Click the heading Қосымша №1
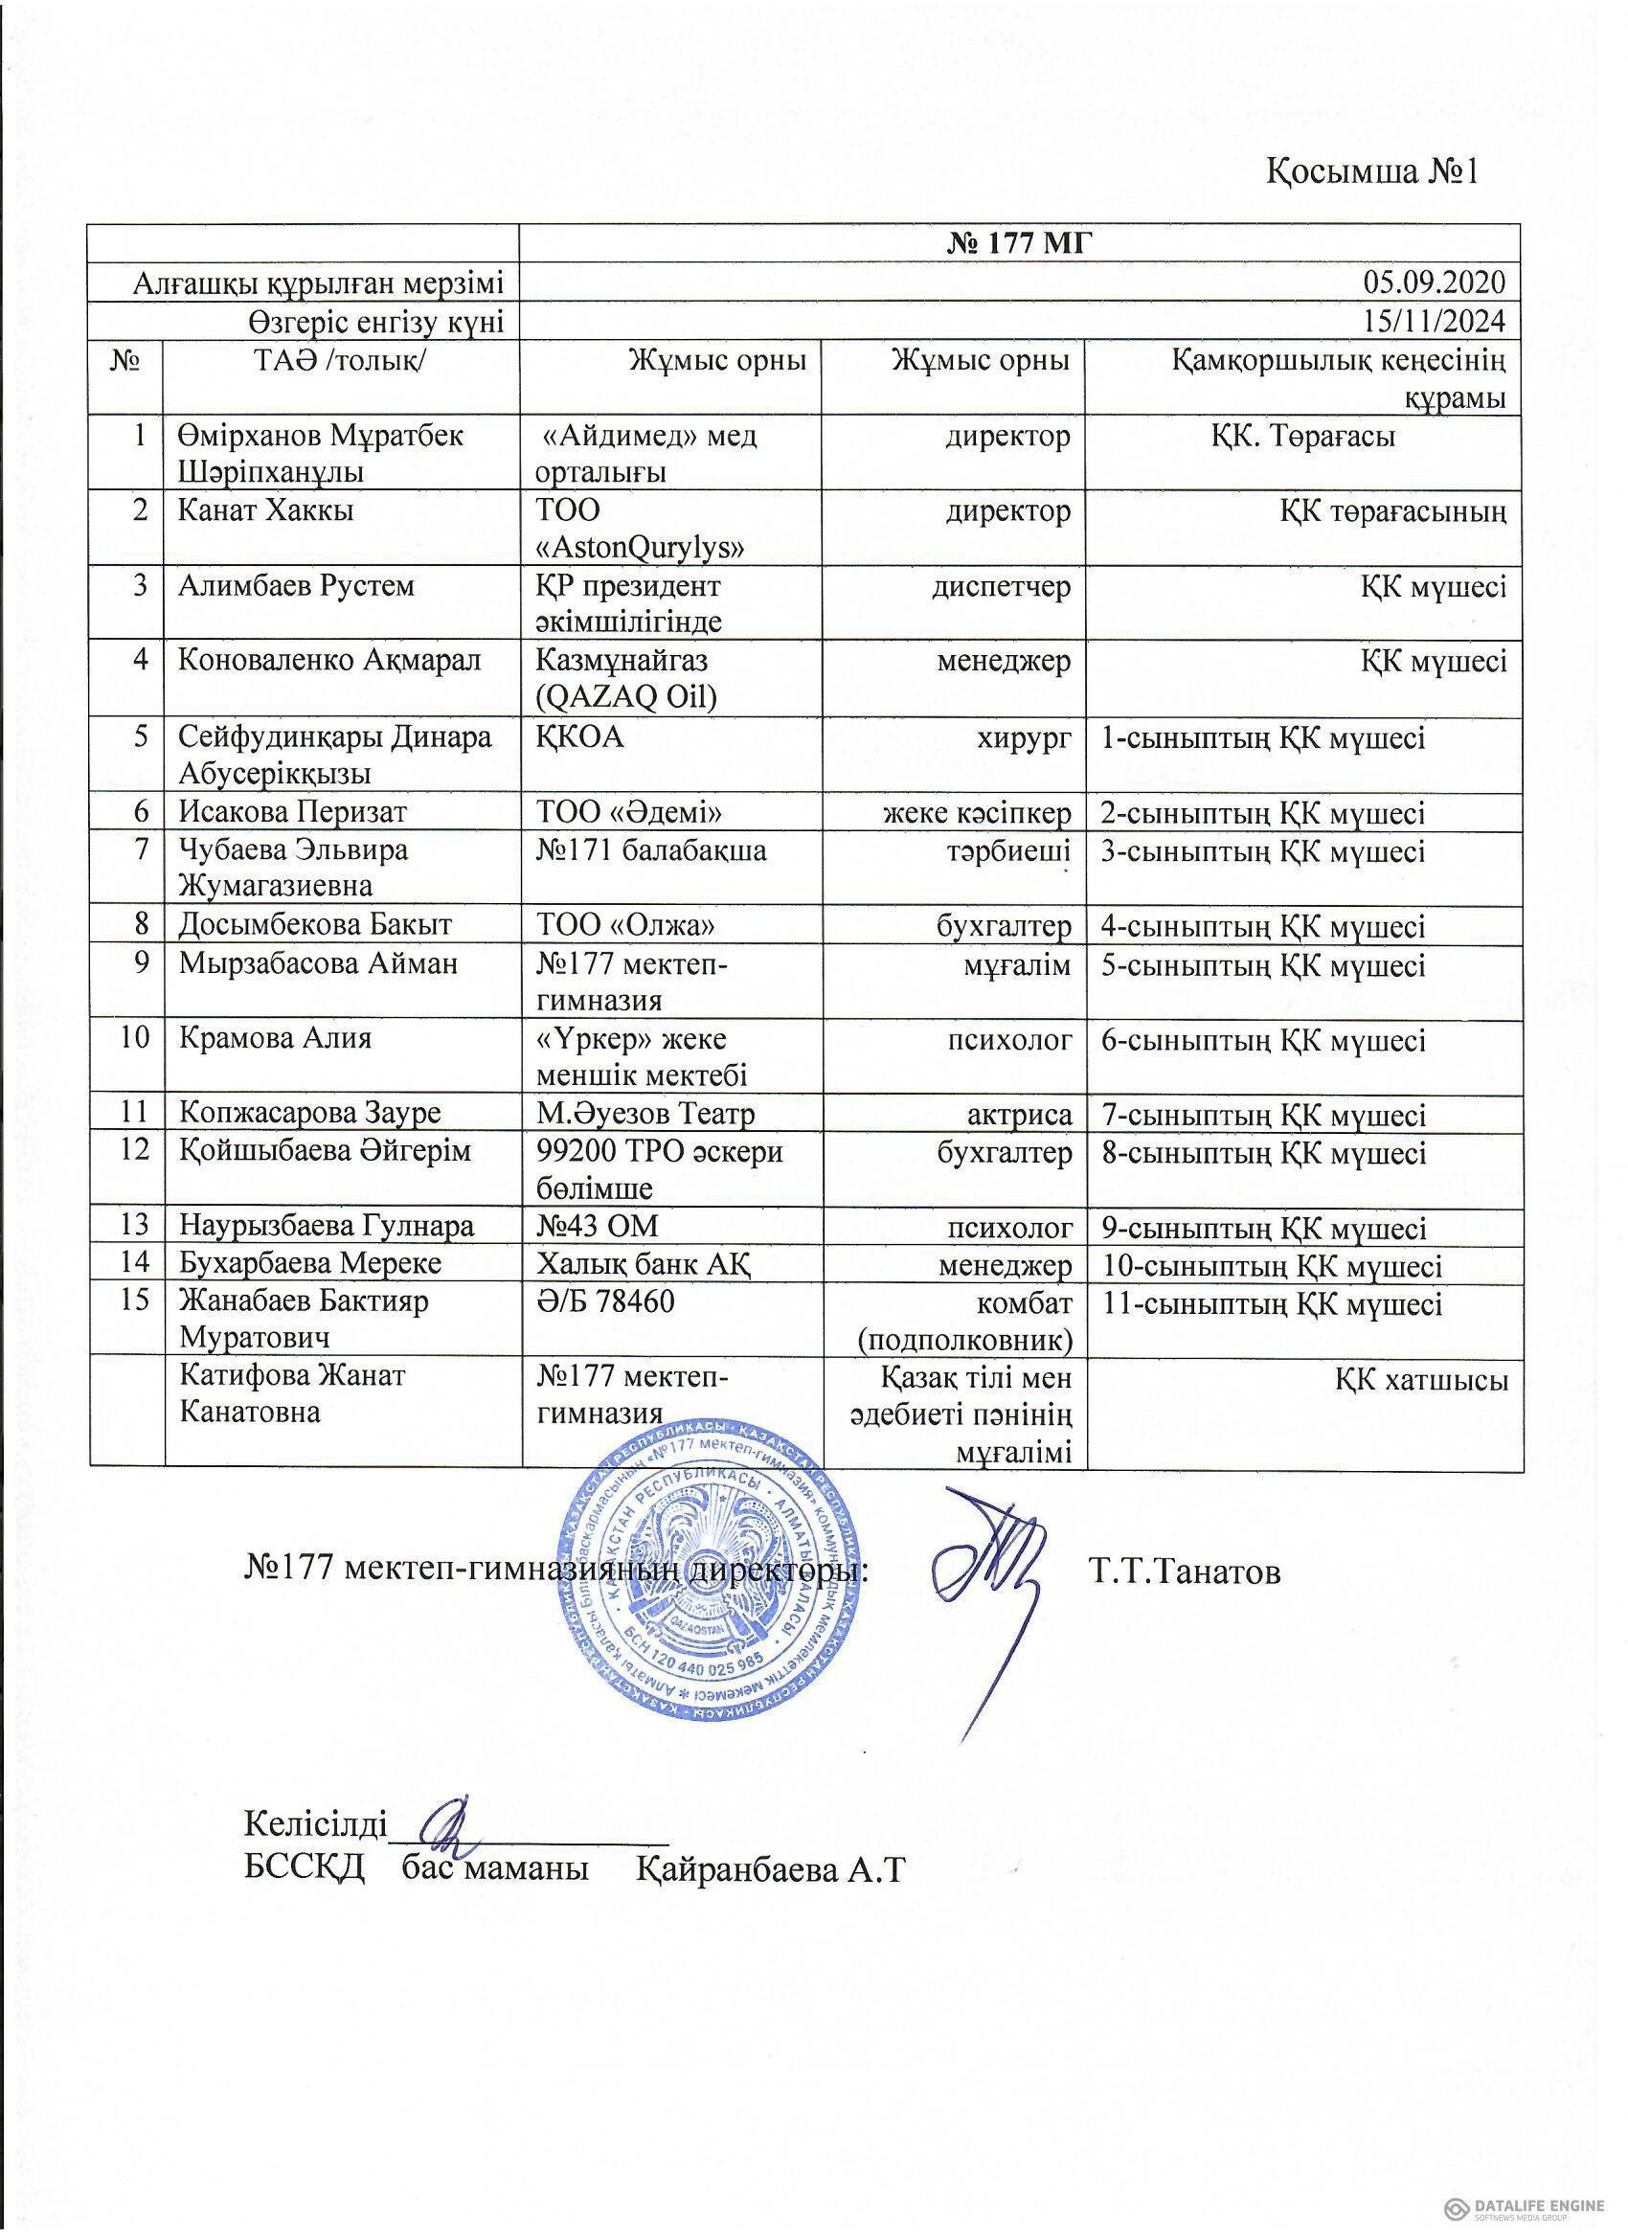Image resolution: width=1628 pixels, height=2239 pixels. coord(1372,171)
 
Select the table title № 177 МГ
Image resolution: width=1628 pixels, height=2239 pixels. coord(1019,242)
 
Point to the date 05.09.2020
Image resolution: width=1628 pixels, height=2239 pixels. coord(1434,283)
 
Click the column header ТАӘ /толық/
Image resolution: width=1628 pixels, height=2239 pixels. coord(341,361)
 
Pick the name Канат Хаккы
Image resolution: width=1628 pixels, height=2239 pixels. coord(265,510)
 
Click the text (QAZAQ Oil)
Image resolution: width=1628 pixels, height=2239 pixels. coord(625,697)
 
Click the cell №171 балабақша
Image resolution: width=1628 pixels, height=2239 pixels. coord(650,850)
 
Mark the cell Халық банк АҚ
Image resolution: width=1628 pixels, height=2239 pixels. coord(646,1265)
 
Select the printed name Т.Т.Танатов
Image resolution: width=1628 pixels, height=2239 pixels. coord(1186,1572)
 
